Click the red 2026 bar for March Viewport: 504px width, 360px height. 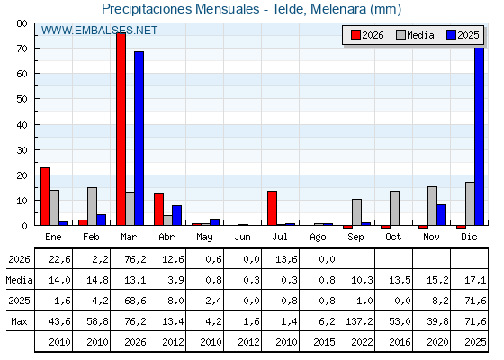pyautogui.click(x=121, y=129)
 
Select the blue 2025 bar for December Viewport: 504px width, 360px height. pyautogui.click(x=479, y=136)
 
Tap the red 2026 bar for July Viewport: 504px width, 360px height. pyautogui.click(x=272, y=208)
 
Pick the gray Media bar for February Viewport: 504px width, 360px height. pyautogui.click(x=92, y=206)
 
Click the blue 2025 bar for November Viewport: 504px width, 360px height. pyautogui.click(x=441, y=215)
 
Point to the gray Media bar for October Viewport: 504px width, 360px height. pyautogui.click(x=395, y=208)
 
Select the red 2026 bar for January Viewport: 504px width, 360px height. pyautogui.click(x=45, y=196)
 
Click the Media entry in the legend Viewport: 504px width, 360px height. pyautogui.click(x=415, y=35)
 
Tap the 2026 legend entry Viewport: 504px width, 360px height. pyautogui.click(x=367, y=35)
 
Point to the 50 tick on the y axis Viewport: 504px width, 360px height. pyautogui.click(x=22, y=99)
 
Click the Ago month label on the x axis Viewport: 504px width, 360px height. pyautogui.click(x=319, y=238)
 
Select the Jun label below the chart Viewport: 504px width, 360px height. pyautogui.click(x=242, y=237)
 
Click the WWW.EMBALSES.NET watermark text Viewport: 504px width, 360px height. pyautogui.click(x=99, y=31)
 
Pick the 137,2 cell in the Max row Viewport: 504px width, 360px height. pyautogui.click(x=359, y=321)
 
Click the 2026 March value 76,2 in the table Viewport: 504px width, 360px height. pyautogui.click(x=135, y=259)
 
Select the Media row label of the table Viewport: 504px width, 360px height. pyautogui.click(x=19, y=280)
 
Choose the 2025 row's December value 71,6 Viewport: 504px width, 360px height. pyautogui.click(x=475, y=301)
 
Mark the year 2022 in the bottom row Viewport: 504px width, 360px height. pyautogui.click(x=362, y=342)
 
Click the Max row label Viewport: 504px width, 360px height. pyautogui.click(x=19, y=321)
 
